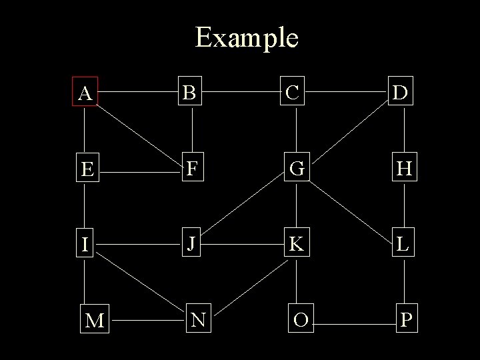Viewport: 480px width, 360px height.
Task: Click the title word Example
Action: pyautogui.click(x=247, y=37)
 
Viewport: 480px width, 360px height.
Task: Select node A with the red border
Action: pyautogui.click(x=85, y=93)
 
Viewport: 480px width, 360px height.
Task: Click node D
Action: pyautogui.click(x=403, y=93)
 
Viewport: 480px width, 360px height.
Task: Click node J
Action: pyautogui.click(x=191, y=243)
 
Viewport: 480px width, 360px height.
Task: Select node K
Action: pyautogui.click(x=296, y=243)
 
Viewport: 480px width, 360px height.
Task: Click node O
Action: pyautogui.click(x=300, y=320)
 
